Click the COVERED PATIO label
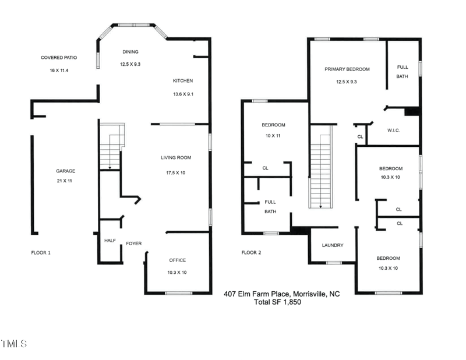[x=59, y=58]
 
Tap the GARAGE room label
[x=66, y=171]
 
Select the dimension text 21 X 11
[x=66, y=181]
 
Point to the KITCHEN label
[x=183, y=81]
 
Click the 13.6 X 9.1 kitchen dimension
[x=183, y=94]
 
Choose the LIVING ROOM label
[x=176, y=157]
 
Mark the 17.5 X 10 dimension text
[x=176, y=172]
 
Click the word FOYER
[x=134, y=243]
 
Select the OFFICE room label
[x=178, y=260]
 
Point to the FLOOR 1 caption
[x=41, y=253]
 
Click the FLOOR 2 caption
[x=252, y=253]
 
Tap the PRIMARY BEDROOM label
[x=347, y=69]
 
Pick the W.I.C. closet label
[x=393, y=130]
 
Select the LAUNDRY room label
[x=333, y=245]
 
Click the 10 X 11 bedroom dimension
[x=273, y=136]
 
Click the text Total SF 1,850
[x=277, y=302]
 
